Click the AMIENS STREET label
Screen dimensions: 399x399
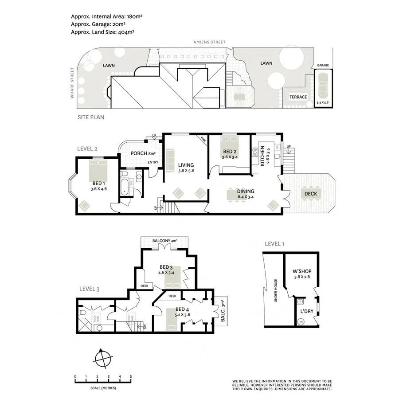coord(209,42)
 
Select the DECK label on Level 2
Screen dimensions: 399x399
coord(310,194)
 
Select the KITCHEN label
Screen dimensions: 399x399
coord(262,156)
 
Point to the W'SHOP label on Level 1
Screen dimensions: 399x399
coord(301,271)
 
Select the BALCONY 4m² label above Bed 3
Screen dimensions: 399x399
coord(164,241)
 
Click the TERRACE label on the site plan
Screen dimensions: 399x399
coord(298,97)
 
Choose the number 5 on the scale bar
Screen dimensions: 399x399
coord(131,377)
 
